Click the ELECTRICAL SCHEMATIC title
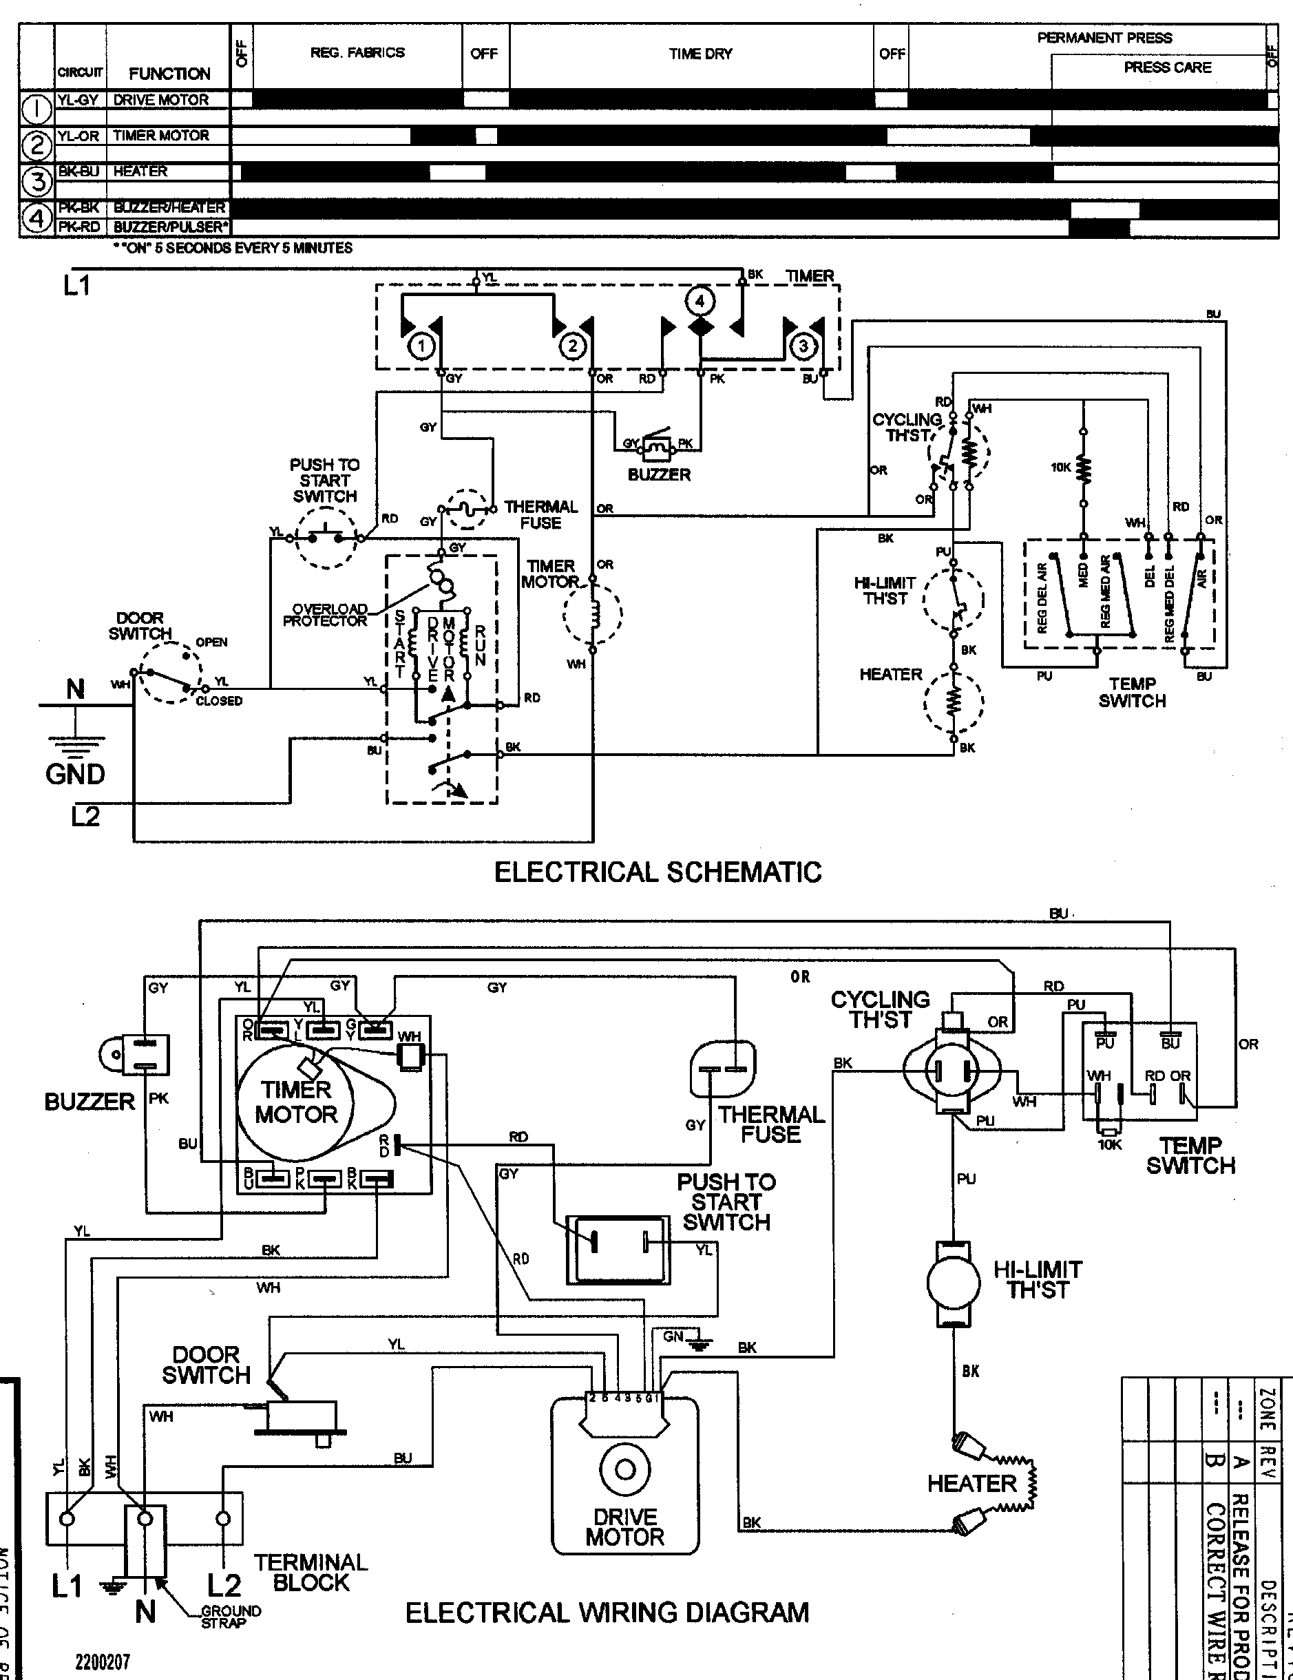(x=658, y=872)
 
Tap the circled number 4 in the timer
(x=700, y=301)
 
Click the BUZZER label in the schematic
(x=659, y=474)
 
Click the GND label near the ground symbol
(x=74, y=774)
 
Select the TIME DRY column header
(x=700, y=54)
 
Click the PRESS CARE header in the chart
(x=1167, y=67)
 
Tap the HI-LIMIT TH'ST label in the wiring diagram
(x=1037, y=1279)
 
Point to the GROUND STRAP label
(x=231, y=1616)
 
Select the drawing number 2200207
(x=103, y=1661)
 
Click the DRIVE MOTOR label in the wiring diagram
(x=624, y=1527)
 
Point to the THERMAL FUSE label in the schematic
(x=540, y=514)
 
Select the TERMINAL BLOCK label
(x=311, y=1573)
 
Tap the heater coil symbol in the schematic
(x=953, y=700)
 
